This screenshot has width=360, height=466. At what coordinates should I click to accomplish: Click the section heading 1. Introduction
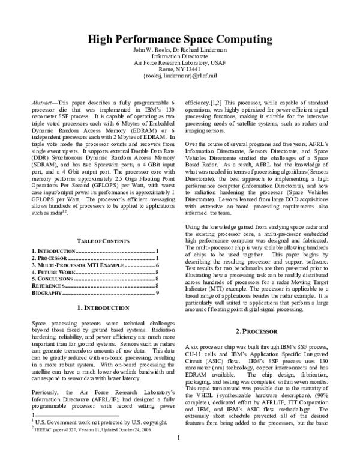(94, 307)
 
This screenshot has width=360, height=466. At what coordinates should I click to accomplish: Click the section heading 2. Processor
(265, 331)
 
